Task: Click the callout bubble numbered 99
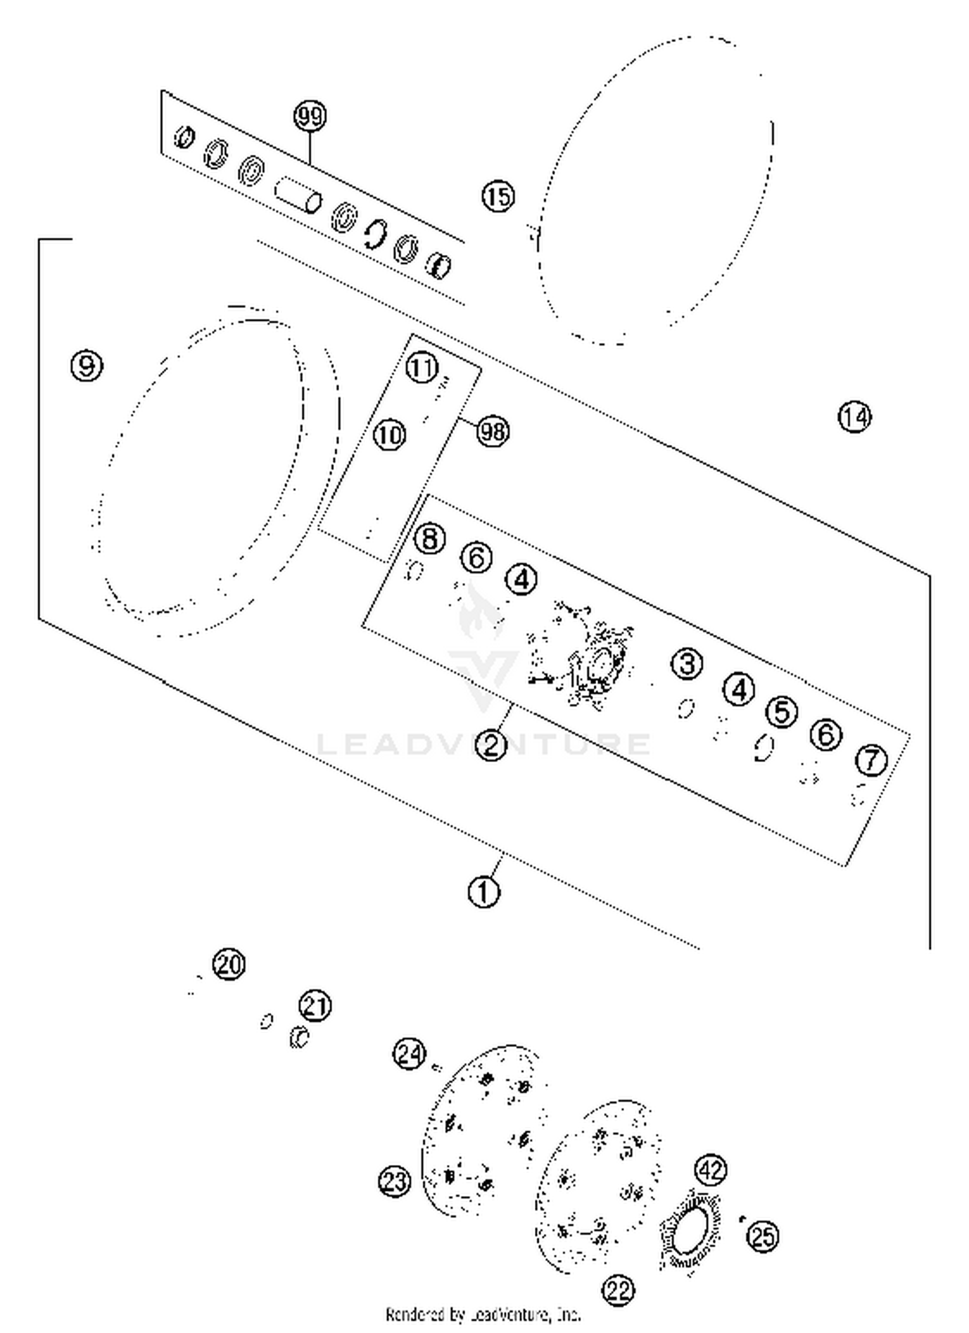coord(309,117)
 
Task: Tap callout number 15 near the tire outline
coord(498,196)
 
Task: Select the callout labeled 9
coord(87,366)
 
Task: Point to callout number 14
coord(854,417)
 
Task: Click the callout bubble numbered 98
coord(492,431)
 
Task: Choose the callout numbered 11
coord(422,368)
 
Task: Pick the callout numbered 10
coord(390,435)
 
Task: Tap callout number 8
coord(430,538)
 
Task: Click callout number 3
coord(687,663)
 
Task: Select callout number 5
coord(782,712)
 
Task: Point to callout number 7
coord(871,759)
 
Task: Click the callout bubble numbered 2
coord(491,745)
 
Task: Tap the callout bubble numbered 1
coord(484,892)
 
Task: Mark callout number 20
coord(229,964)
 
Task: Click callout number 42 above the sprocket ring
coord(711,1170)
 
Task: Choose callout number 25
coord(763,1236)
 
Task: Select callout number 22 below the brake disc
coord(618,1290)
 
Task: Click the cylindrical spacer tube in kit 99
coord(298,194)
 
